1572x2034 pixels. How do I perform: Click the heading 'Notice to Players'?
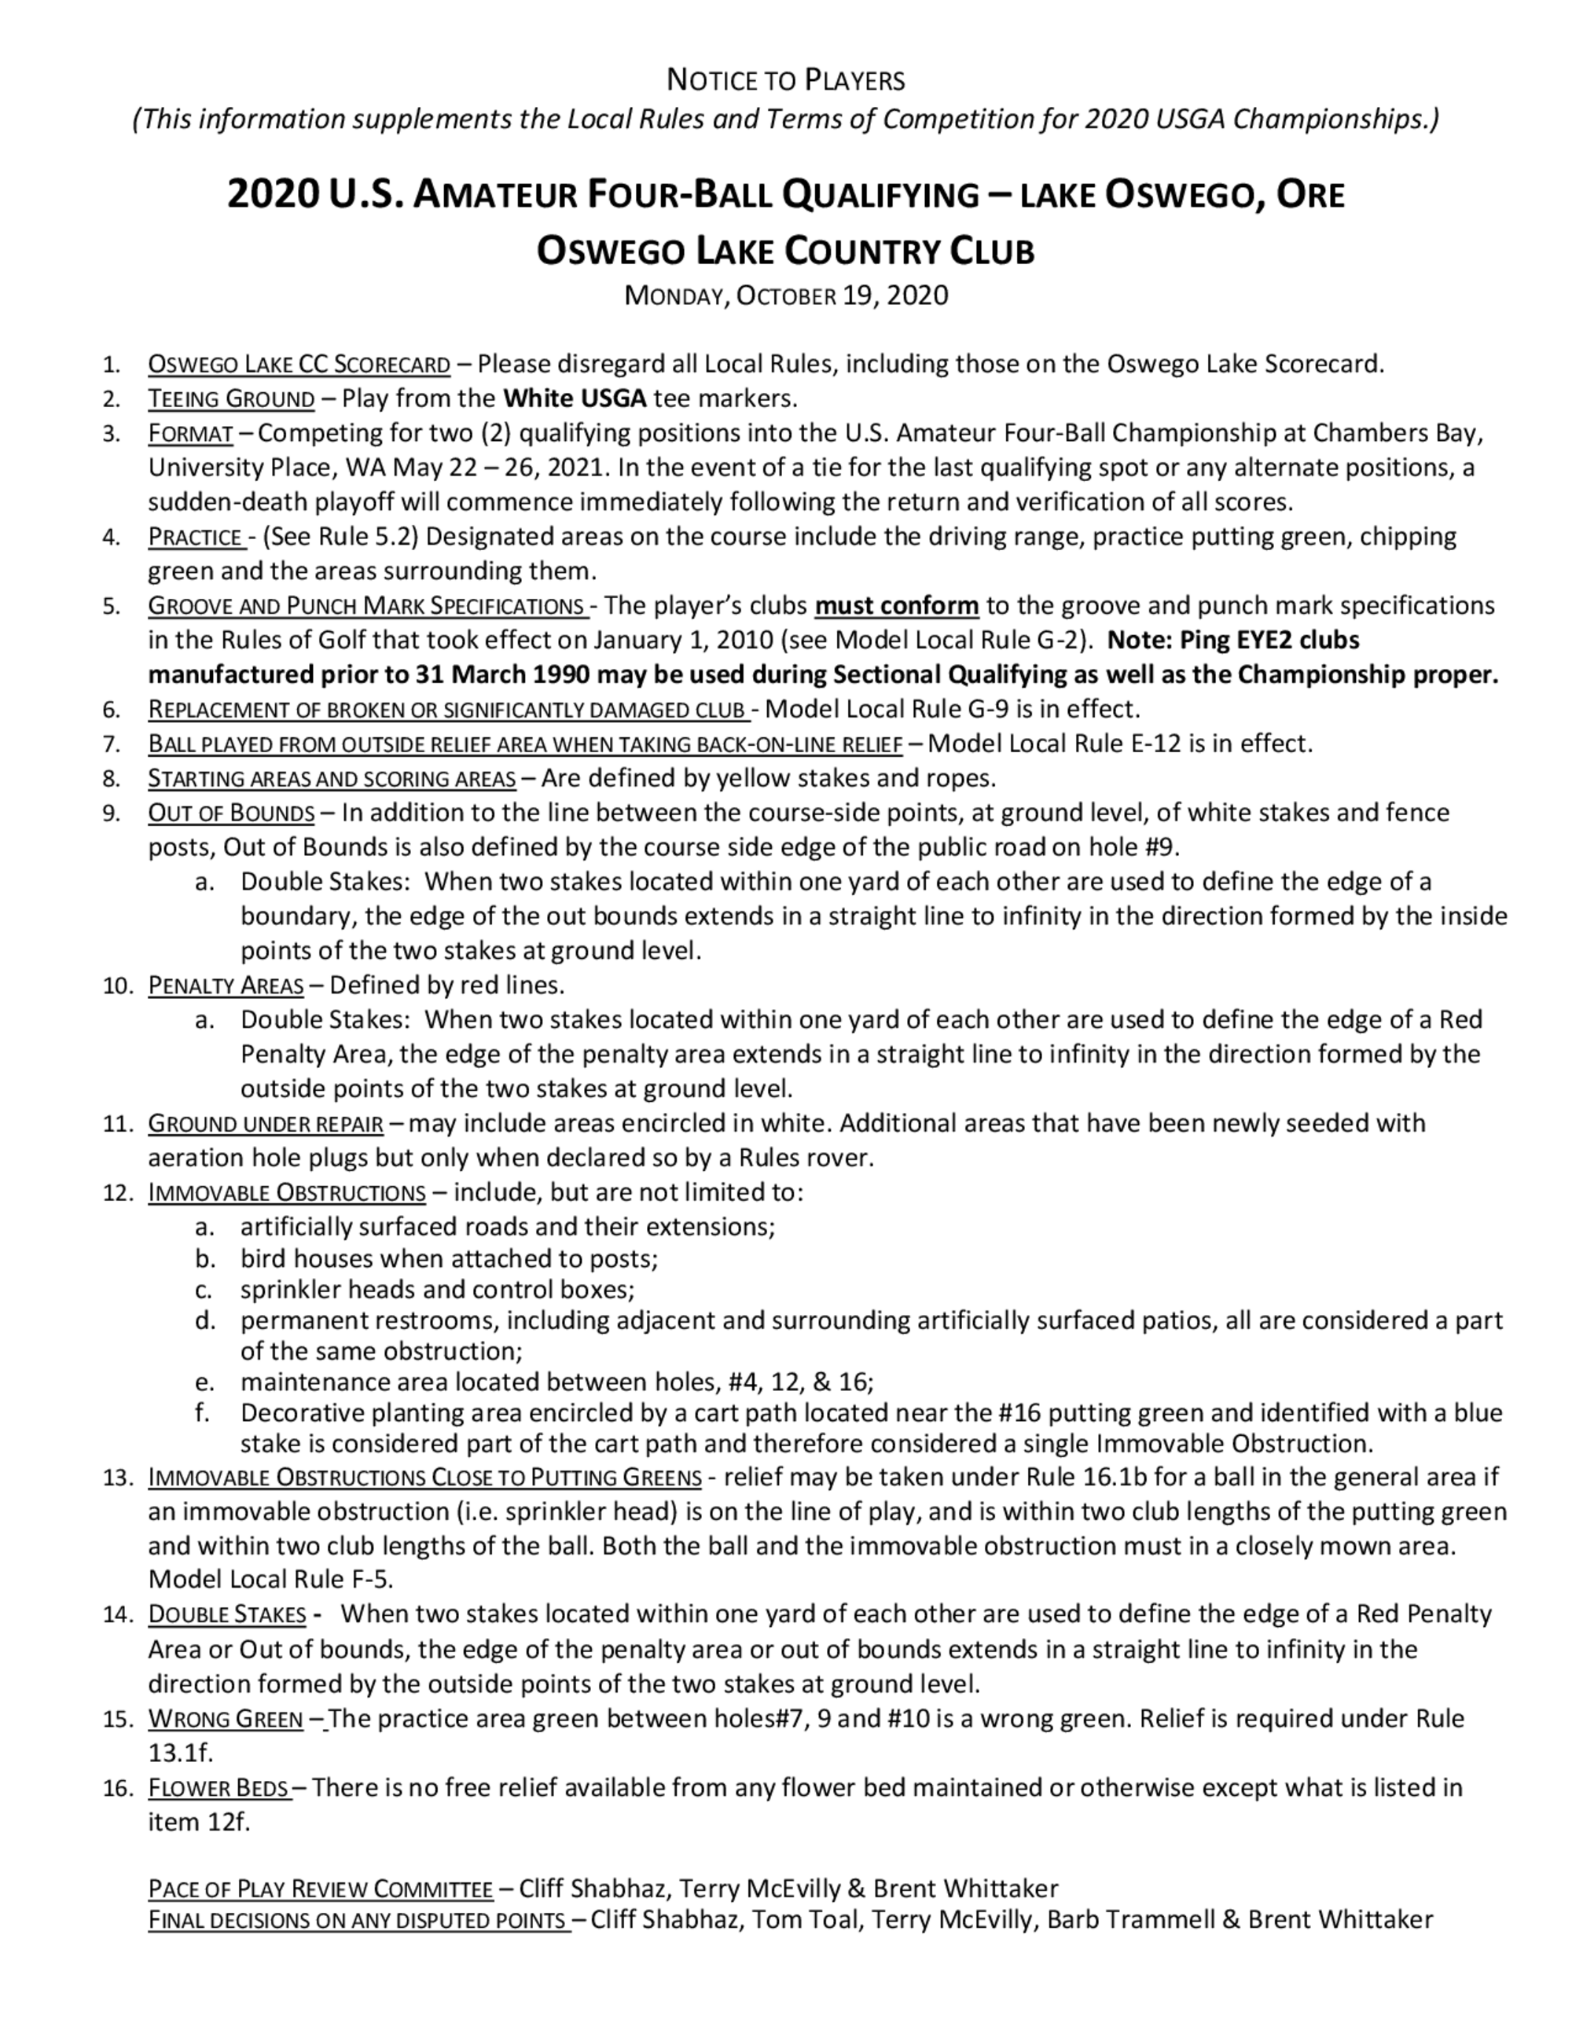785,81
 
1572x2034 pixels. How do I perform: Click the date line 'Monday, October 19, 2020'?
785,296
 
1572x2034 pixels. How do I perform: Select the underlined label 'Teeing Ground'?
231,399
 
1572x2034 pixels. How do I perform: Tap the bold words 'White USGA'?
575,399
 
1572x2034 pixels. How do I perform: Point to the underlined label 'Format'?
190,434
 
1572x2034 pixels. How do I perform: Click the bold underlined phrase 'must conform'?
896,606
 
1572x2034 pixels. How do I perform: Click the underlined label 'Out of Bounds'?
231,813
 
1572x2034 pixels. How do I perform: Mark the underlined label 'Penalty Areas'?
226,986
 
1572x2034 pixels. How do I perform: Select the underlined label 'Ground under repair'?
266,1124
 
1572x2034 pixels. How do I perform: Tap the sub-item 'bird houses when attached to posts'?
449,1259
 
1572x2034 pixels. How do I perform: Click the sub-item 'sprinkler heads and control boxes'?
437,1290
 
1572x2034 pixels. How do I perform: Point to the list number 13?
118,1478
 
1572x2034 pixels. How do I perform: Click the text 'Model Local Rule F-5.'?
270,1580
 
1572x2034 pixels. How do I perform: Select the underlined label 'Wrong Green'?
226,1719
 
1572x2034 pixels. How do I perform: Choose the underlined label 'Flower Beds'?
219,1788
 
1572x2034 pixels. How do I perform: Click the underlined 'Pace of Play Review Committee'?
321,1889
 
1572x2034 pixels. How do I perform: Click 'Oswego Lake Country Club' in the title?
785,251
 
